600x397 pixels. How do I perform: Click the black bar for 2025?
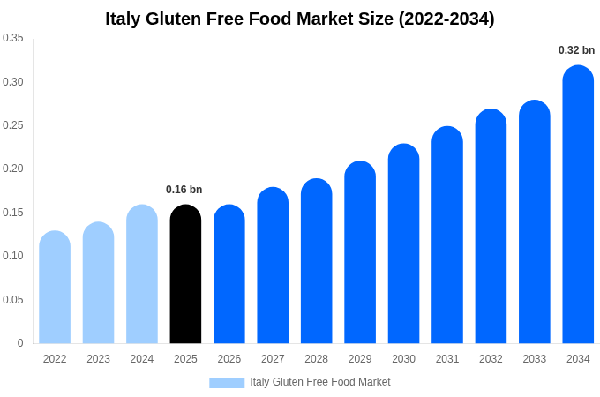click(185, 274)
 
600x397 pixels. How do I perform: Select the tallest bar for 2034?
click(578, 205)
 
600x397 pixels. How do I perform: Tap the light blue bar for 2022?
click(55, 288)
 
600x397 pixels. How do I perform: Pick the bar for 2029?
click(360, 252)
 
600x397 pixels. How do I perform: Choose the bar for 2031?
click(447, 235)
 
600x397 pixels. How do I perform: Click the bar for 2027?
click(273, 266)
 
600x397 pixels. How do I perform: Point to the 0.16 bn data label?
click(184, 190)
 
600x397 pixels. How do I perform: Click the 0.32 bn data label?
click(576, 50)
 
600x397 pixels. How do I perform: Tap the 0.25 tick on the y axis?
click(13, 125)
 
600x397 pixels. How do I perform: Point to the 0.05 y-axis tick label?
click(13, 300)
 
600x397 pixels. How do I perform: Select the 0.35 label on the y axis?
click(13, 38)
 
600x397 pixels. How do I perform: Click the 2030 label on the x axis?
click(403, 359)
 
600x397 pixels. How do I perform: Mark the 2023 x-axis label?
click(98, 359)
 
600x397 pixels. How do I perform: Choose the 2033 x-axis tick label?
click(534, 359)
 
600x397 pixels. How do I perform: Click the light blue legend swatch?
click(227, 383)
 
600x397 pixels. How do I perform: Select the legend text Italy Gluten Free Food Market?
click(319, 382)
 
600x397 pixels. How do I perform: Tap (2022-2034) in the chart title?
click(446, 19)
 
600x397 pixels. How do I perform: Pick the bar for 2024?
click(142, 274)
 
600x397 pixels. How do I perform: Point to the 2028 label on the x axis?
click(316, 359)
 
